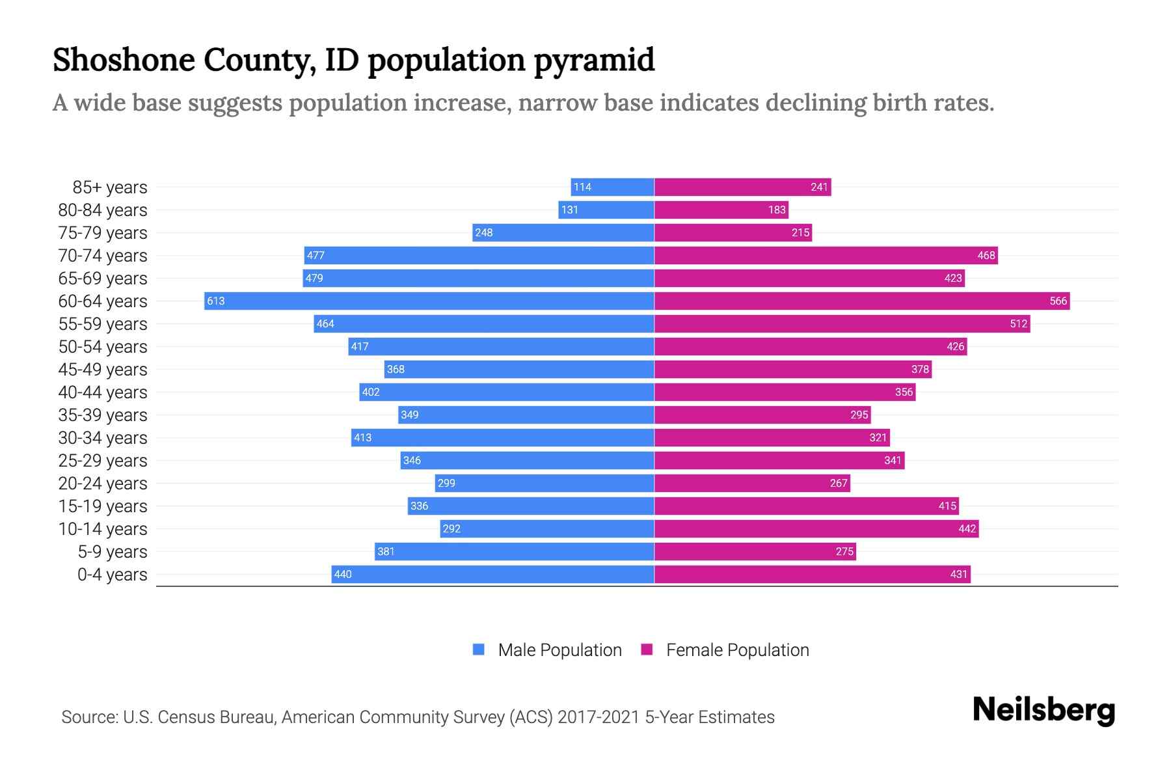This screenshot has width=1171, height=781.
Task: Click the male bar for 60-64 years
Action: (x=429, y=301)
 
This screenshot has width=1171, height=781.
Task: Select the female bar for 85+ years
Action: (x=742, y=187)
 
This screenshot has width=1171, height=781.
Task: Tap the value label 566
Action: (x=1058, y=301)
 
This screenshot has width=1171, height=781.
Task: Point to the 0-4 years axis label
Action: (x=112, y=575)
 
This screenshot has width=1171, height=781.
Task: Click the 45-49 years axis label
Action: (x=103, y=370)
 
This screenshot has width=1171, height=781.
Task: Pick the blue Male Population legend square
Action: (x=479, y=650)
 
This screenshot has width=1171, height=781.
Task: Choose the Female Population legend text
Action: (x=737, y=650)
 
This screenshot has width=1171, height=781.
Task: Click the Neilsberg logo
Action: (x=1043, y=710)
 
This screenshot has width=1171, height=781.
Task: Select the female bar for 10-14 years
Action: (x=816, y=529)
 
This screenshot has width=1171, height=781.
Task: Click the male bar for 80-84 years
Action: (x=606, y=210)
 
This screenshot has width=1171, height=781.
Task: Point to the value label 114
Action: (x=582, y=187)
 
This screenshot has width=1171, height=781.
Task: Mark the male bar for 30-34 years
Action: (x=502, y=437)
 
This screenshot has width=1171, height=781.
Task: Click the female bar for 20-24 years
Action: (x=752, y=483)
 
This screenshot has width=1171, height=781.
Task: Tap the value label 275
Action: (x=844, y=551)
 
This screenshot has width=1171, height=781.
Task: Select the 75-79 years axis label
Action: (x=103, y=233)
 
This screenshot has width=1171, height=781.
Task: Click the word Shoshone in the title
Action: (x=124, y=60)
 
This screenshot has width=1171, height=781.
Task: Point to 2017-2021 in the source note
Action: (x=598, y=717)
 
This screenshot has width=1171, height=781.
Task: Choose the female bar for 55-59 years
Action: (x=842, y=323)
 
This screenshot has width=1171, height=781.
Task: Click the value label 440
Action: (x=342, y=574)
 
